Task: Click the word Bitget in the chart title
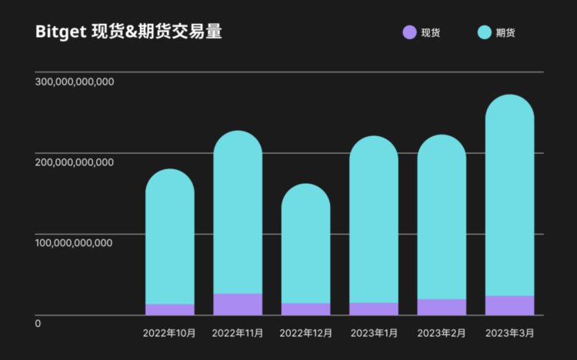point(59,32)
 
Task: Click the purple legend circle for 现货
point(409,32)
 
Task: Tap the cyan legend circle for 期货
point(484,32)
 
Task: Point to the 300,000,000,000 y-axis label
point(75,82)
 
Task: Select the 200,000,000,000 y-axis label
point(75,162)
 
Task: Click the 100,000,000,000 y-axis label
point(75,243)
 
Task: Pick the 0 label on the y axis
point(38,323)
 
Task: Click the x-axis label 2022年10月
point(169,333)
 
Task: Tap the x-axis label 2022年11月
point(238,333)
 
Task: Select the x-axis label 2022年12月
point(305,333)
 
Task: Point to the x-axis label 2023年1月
point(374,333)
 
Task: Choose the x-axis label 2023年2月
point(442,333)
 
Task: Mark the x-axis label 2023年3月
point(509,333)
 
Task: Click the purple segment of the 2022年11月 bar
point(238,304)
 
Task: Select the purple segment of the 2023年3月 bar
point(509,305)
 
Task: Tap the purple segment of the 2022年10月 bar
point(169,309)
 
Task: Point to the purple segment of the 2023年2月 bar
point(442,307)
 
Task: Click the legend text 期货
point(505,32)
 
